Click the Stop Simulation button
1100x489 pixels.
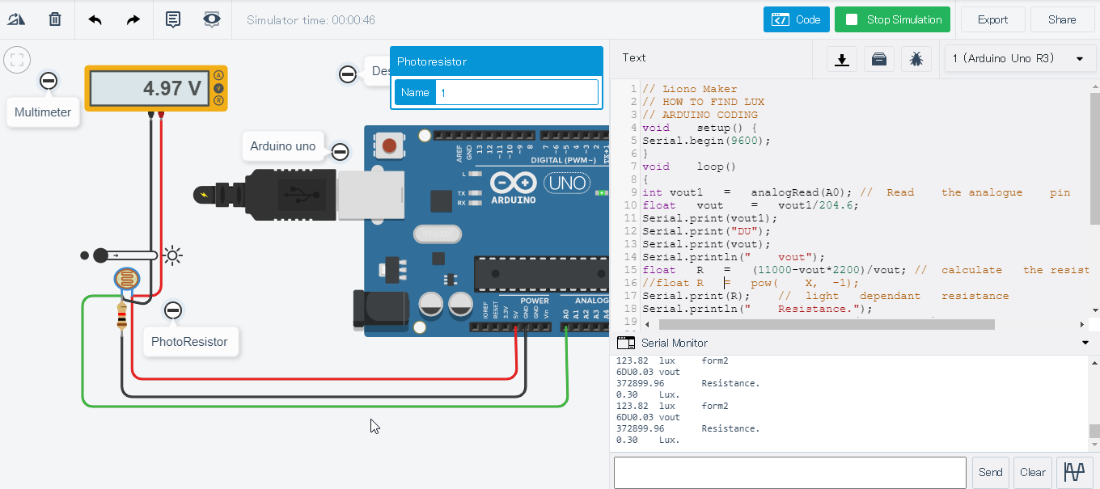pyautogui.click(x=892, y=20)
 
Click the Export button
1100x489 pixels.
pyautogui.click(x=992, y=20)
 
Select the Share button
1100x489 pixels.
pyautogui.click(x=1062, y=20)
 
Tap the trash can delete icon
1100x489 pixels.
pyautogui.click(x=55, y=19)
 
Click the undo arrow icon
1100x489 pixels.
pyautogui.click(x=95, y=19)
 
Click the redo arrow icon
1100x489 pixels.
pyautogui.click(x=133, y=19)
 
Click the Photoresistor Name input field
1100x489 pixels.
pyautogui.click(x=516, y=92)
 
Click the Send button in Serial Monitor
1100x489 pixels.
pyautogui.click(x=990, y=472)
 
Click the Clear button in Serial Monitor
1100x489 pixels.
pyautogui.click(x=1032, y=472)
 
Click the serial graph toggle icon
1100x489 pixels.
pyautogui.click(x=1074, y=472)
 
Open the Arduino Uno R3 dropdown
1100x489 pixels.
pyautogui.click(x=1017, y=59)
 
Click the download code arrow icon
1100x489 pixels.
pyautogui.click(x=842, y=59)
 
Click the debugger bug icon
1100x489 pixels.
pyautogui.click(x=916, y=59)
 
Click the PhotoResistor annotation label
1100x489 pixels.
pyautogui.click(x=189, y=342)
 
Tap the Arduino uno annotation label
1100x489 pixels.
pyautogui.click(x=282, y=146)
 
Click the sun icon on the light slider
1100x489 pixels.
pyautogui.click(x=172, y=256)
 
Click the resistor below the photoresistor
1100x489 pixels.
pyautogui.click(x=122, y=317)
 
